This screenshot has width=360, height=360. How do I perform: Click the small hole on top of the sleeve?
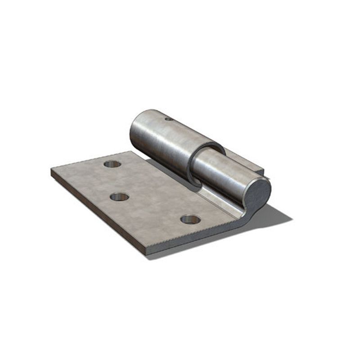pos(169,119)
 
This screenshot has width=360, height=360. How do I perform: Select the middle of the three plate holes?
pos(119,197)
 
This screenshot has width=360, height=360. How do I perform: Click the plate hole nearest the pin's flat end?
pos(190,219)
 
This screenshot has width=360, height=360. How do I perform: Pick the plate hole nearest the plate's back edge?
pos(112,164)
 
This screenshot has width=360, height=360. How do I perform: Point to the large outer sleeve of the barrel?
pos(166,137)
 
